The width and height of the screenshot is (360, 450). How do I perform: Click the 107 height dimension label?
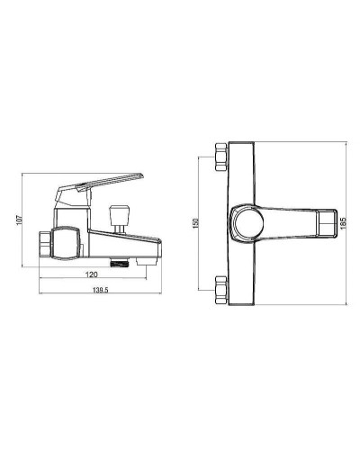[x=20, y=220]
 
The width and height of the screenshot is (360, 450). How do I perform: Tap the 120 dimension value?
[x=92, y=274]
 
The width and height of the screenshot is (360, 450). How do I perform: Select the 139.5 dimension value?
[x=100, y=290]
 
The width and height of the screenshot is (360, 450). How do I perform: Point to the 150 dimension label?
[x=195, y=223]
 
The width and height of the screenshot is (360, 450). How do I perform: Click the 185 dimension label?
[x=344, y=223]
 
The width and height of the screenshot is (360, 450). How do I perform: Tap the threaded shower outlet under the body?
[x=120, y=263]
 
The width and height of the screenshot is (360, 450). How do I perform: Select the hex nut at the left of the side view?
[x=45, y=243]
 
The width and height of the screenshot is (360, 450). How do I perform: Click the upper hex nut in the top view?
[x=220, y=157]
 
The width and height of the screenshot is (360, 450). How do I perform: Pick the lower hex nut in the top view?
[x=221, y=290]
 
